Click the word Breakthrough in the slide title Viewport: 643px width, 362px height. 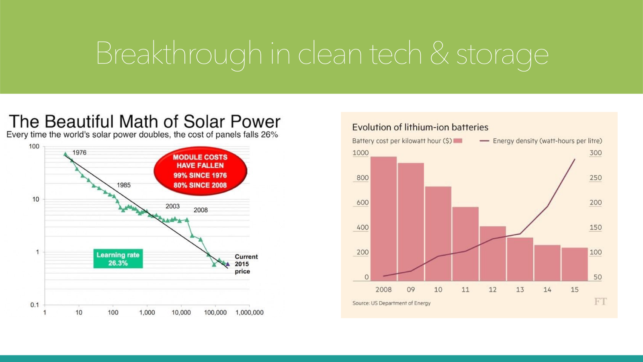(179, 53)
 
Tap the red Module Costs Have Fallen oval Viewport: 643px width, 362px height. (200, 171)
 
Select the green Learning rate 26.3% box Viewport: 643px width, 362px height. (118, 259)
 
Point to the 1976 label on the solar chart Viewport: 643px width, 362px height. (79, 152)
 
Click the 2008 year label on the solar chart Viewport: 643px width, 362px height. (201, 210)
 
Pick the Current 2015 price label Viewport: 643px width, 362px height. (246, 264)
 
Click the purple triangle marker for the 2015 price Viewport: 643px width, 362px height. (228, 264)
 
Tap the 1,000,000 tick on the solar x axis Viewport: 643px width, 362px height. (249, 313)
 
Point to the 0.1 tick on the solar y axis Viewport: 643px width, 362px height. (35, 305)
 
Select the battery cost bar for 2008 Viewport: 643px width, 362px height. (383, 219)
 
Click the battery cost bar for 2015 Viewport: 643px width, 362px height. (575, 264)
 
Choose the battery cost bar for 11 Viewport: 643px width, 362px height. (465, 244)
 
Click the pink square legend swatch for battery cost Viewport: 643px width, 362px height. (458, 141)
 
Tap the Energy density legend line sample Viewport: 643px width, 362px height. (484, 141)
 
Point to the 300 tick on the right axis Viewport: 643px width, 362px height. (596, 153)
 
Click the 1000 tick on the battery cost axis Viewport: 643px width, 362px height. (360, 153)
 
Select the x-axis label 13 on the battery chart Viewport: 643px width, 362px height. (520, 290)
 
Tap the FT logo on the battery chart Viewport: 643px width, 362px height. (600, 302)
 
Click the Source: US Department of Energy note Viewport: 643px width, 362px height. (391, 303)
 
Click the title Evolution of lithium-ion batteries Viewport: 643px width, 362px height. (420, 128)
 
